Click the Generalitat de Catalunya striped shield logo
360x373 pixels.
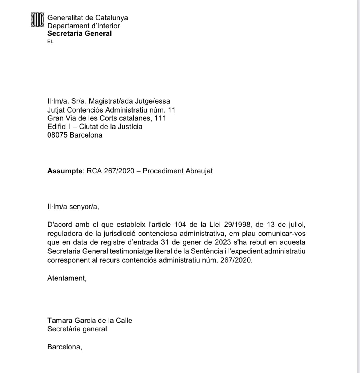pyautogui.click(x=38, y=20)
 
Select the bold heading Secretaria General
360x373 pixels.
pyautogui.click(x=79, y=34)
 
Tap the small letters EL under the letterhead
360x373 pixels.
pyautogui.click(x=50, y=42)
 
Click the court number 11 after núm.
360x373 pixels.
pyautogui.click(x=172, y=110)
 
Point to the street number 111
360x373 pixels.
pyautogui.click(x=160, y=118)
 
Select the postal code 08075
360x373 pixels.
pyautogui.click(x=57, y=135)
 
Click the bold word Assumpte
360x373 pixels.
pyautogui.click(x=64, y=171)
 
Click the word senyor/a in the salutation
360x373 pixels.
pyautogui.click(x=84, y=207)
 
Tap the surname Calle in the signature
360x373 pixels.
pyautogui.click(x=123, y=321)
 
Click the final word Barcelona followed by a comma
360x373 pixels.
pyautogui.click(x=64, y=347)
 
